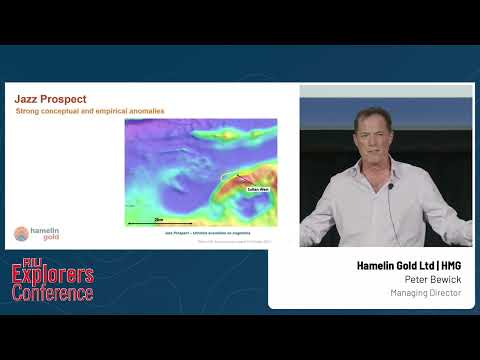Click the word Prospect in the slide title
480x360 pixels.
61,99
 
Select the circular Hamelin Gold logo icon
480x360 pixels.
21,234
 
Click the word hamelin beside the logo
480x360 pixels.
46,230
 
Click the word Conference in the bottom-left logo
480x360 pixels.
52,293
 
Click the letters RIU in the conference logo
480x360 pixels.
22,265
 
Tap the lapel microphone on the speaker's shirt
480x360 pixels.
391,186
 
